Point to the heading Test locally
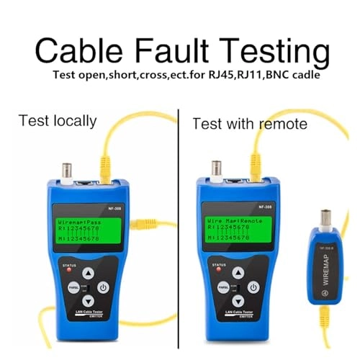tap(58, 120)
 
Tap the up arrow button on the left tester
tap(87, 274)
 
